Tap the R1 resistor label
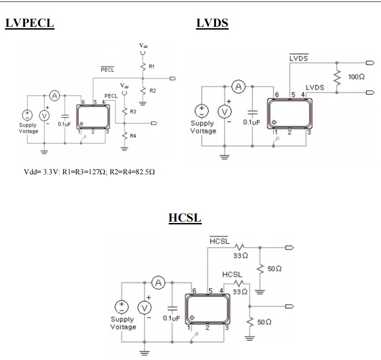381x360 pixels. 152,66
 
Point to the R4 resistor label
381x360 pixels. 133,136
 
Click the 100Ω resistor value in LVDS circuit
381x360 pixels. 356,77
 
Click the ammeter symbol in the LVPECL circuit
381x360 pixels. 55,95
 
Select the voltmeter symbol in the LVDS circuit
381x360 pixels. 224,112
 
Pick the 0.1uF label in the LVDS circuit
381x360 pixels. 251,122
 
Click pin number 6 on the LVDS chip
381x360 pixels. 276,94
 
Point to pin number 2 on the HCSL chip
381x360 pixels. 207,327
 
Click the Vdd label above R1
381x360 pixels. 143,46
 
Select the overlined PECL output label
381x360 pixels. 107,70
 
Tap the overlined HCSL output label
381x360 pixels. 220,241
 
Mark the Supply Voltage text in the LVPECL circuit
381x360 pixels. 29,128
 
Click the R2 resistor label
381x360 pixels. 152,91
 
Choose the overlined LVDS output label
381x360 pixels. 299,59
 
